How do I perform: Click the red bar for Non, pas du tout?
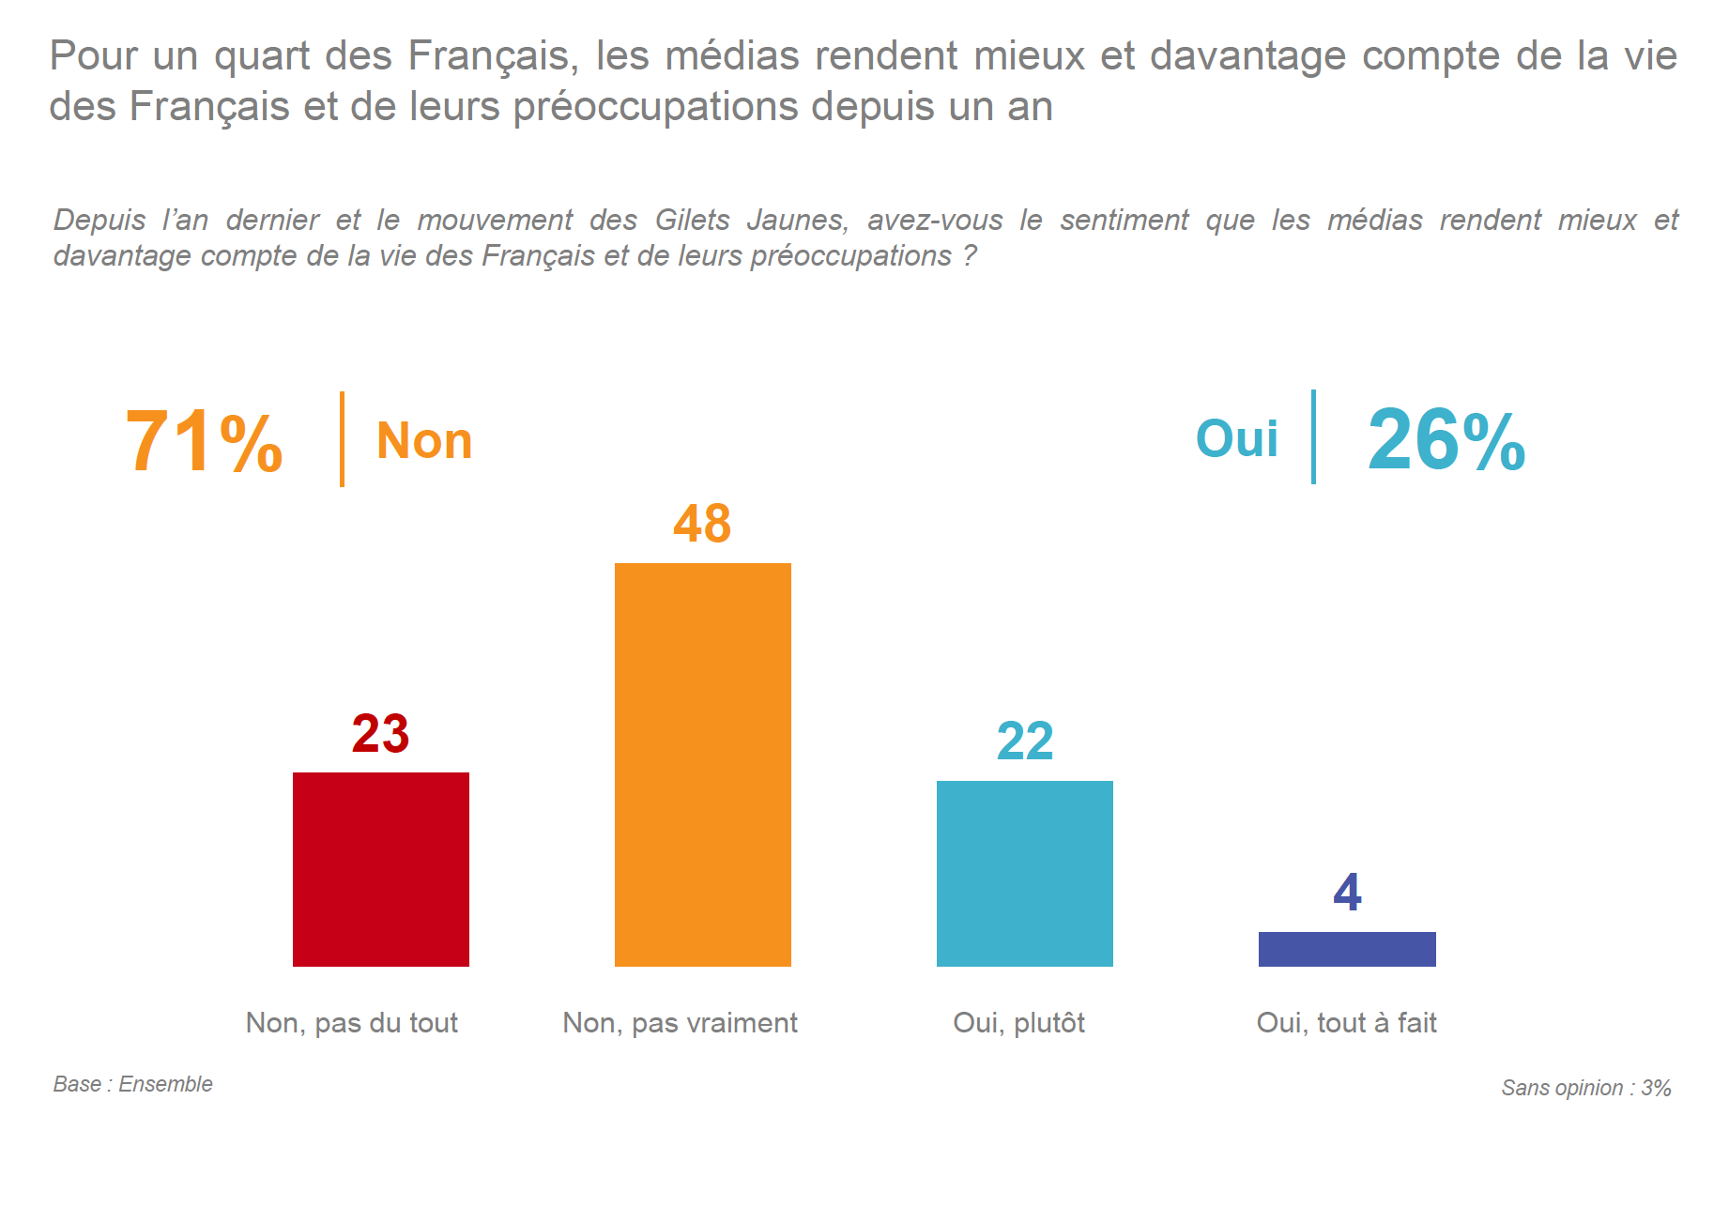(x=380, y=869)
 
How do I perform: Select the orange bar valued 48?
(x=702, y=764)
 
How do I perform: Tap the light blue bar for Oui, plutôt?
(x=1024, y=873)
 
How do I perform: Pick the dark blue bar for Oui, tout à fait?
(x=1346, y=949)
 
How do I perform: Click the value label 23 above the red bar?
(x=380, y=734)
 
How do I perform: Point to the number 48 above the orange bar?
(x=702, y=524)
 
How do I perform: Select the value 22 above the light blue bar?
(x=1025, y=741)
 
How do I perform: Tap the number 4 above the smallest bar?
(x=1347, y=893)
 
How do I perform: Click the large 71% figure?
(x=204, y=442)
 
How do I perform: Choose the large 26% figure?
(x=1446, y=440)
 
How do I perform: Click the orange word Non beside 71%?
(x=424, y=441)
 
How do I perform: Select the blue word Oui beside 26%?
(x=1236, y=439)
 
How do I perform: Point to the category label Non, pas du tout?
(x=352, y=1023)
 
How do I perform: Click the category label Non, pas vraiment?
(x=680, y=1023)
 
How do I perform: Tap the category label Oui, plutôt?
(x=1018, y=1023)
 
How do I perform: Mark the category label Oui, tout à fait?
(x=1346, y=1023)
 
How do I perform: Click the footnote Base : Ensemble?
(x=132, y=1085)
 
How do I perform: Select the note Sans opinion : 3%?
(x=1585, y=1089)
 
